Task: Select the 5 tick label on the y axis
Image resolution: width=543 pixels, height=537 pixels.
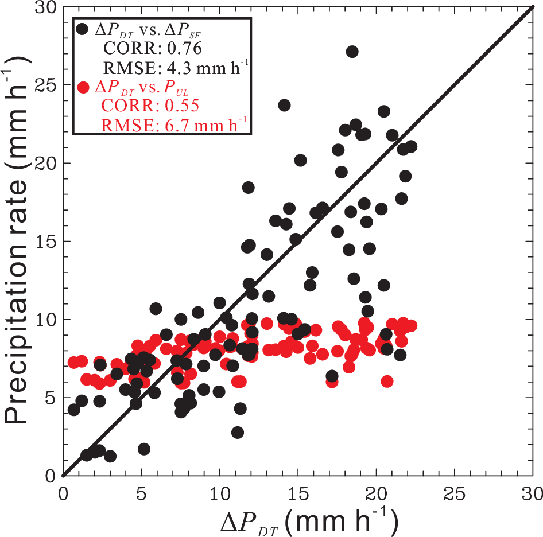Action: pos(51,398)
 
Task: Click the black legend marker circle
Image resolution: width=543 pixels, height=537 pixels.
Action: pos(83,28)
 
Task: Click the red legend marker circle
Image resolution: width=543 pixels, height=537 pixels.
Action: pos(83,88)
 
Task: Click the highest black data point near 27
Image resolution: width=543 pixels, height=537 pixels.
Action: pos(352,52)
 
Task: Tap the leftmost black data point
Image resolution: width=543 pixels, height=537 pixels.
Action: pos(73,410)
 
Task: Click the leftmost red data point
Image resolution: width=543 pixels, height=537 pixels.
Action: pos(73,363)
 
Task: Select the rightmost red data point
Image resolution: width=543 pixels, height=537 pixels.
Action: pos(410,326)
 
